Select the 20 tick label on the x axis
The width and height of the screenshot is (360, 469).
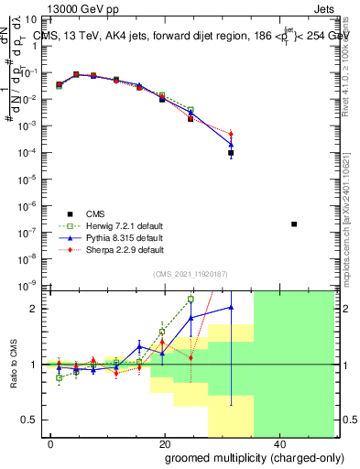165,443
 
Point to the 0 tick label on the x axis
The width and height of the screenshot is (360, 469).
51,443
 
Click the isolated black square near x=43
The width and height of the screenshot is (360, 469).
294,224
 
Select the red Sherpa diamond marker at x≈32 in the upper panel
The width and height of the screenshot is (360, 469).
231,135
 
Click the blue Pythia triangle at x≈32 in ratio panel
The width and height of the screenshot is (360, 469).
231,307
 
